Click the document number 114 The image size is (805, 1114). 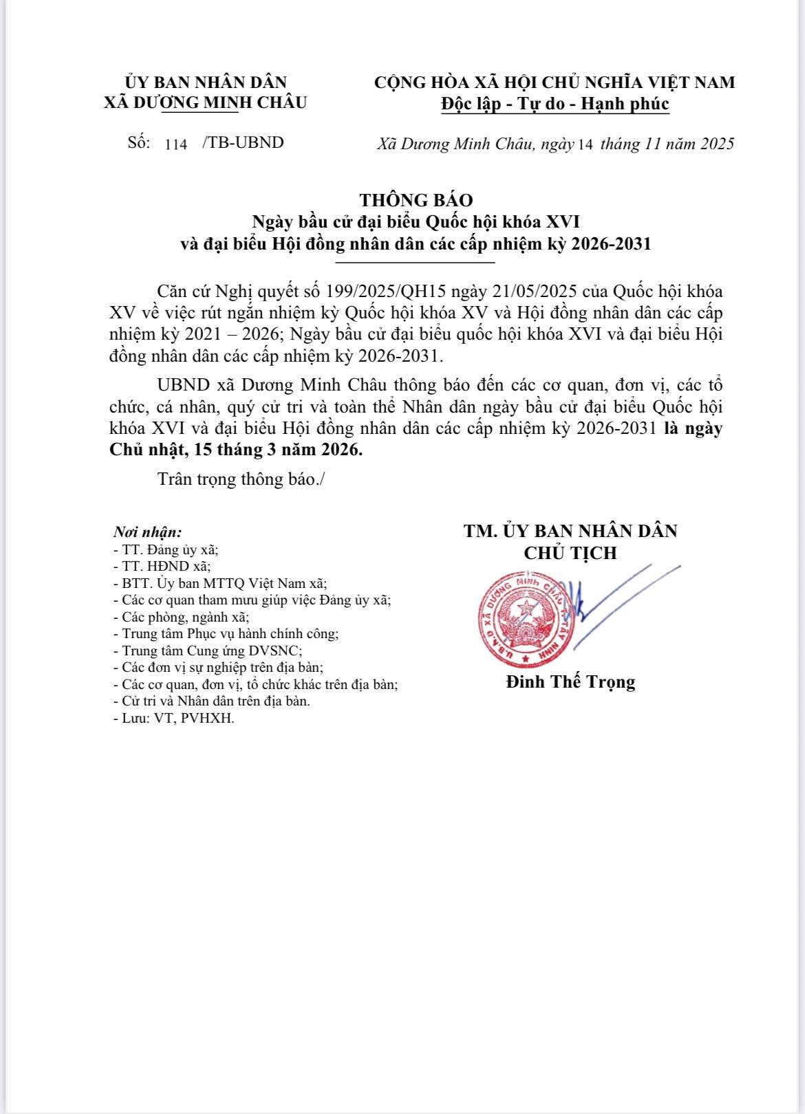click(x=176, y=144)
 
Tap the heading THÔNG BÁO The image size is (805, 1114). click(x=416, y=200)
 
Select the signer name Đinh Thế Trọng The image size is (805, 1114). click(x=570, y=681)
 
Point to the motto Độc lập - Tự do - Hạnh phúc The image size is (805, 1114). click(x=555, y=104)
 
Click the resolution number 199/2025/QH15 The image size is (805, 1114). click(x=384, y=291)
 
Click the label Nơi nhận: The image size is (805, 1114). click(x=147, y=532)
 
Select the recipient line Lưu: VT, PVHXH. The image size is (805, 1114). click(x=173, y=719)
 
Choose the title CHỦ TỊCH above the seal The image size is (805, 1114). click(x=570, y=553)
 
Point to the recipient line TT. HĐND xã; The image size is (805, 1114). click(x=162, y=567)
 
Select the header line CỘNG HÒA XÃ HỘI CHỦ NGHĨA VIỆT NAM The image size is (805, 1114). click(x=555, y=83)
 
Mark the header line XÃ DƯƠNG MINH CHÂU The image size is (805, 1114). click(x=205, y=102)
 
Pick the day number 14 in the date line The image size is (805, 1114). click(x=586, y=144)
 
